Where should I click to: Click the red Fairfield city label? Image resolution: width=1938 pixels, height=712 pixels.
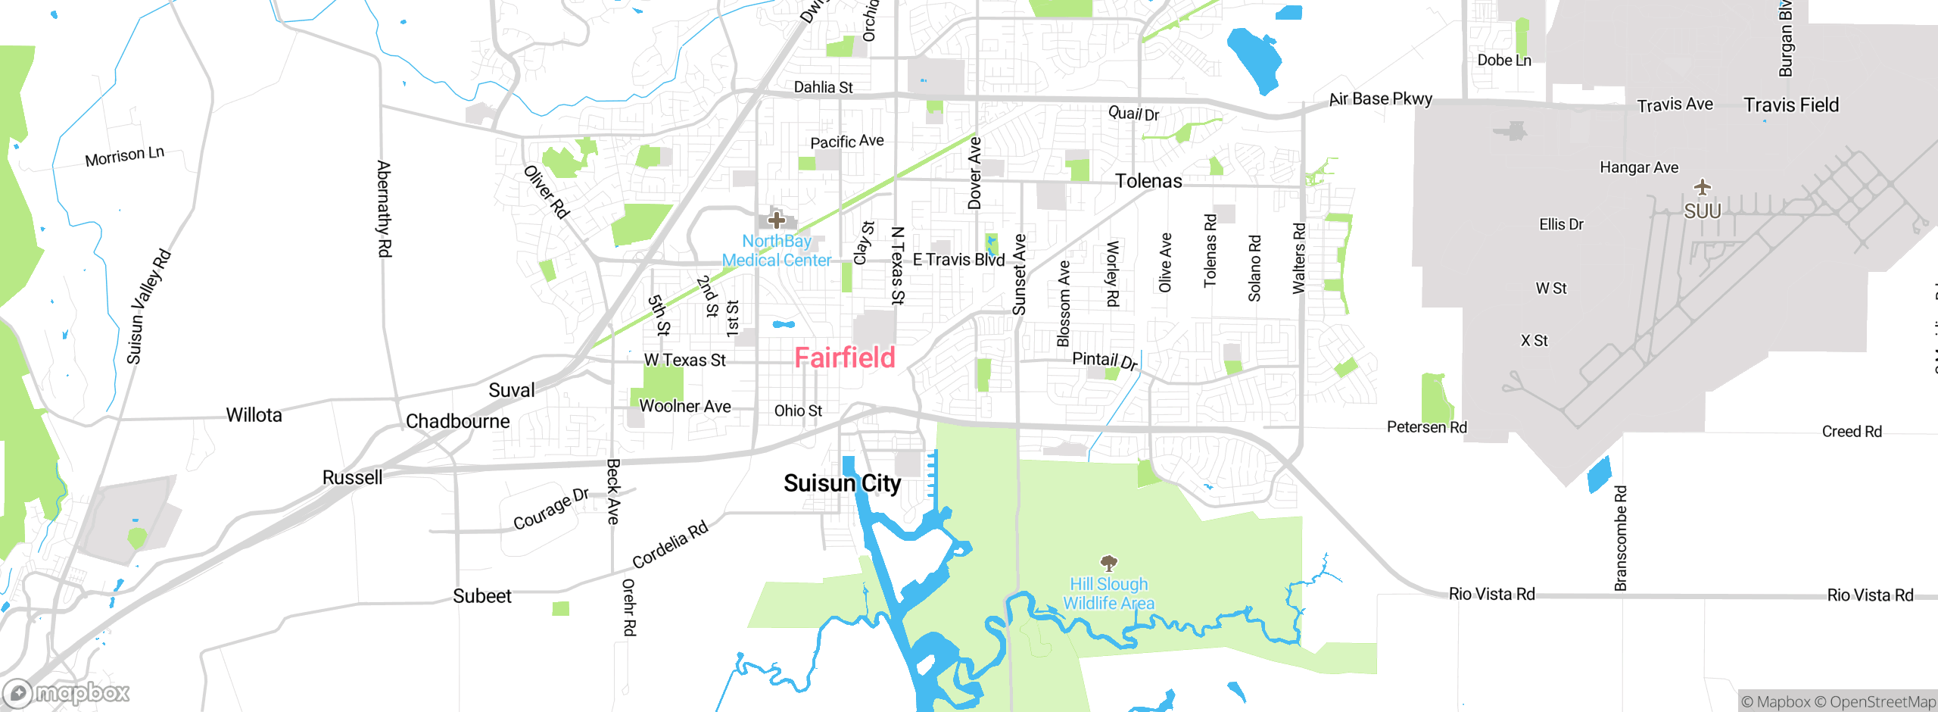point(845,358)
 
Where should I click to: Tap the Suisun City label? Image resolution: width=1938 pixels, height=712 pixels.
point(842,483)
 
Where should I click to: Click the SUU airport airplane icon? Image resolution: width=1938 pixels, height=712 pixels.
point(1703,186)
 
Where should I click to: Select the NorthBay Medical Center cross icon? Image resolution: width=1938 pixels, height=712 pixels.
point(776,220)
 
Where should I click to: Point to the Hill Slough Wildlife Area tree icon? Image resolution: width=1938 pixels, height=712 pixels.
point(1108,563)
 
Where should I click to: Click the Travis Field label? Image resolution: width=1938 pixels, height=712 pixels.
point(1791,105)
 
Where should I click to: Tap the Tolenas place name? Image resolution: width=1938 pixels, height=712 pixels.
point(1148,181)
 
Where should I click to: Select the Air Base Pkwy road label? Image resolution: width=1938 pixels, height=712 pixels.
point(1381,99)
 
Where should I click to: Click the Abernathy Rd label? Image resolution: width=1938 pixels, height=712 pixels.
point(384,209)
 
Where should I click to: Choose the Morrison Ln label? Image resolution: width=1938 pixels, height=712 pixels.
point(124,157)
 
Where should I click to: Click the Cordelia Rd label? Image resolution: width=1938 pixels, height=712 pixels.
point(670,545)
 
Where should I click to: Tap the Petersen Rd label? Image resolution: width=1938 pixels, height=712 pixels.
point(1426,427)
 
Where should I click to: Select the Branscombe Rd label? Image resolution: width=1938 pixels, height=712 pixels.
point(1620,539)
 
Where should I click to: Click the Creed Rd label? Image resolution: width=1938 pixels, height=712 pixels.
point(1852,432)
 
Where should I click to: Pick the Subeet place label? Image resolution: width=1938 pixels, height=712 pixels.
point(482,596)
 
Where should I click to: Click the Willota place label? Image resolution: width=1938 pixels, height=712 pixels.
point(254,415)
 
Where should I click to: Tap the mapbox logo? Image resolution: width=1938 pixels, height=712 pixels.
point(67,693)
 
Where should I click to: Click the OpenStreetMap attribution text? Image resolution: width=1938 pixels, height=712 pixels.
point(1882,702)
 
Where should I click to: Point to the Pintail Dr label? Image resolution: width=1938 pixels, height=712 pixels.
point(1105,360)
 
